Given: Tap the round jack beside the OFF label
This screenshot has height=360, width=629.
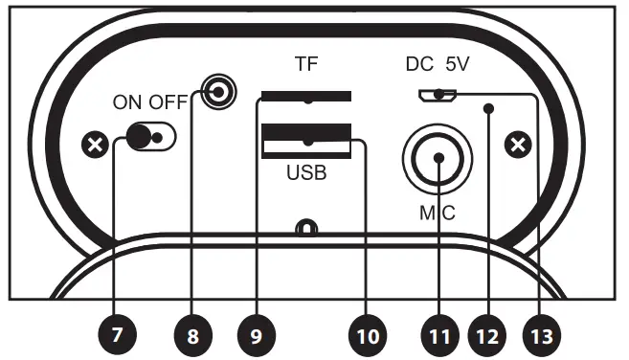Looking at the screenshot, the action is tap(219, 93).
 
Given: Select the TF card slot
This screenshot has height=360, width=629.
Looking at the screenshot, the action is tap(305, 97).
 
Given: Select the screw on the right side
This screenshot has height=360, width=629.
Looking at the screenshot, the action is tap(518, 146).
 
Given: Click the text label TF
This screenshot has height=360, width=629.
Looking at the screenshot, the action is tap(305, 66).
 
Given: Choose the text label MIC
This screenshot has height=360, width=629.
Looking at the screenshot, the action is tap(438, 211).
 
